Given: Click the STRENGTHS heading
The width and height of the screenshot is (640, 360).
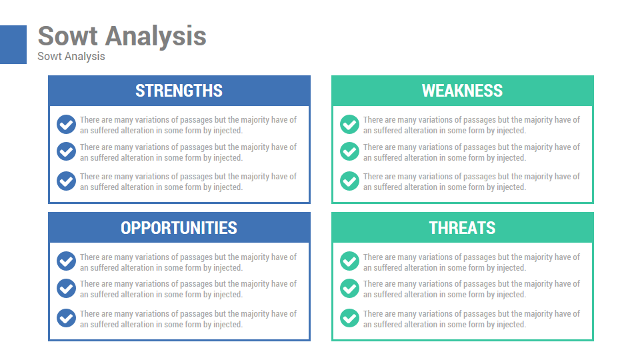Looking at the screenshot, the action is pos(179,91).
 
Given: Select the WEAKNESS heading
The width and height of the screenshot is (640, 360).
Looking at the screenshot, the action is pos(462,91).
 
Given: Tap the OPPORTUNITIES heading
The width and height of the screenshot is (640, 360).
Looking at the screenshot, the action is pos(179,228).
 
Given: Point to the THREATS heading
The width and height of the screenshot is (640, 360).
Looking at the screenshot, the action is pos(462,228).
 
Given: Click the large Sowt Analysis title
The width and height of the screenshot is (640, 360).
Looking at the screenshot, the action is pos(122,37).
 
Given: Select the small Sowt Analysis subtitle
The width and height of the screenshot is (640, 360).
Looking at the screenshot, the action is pos(71,56).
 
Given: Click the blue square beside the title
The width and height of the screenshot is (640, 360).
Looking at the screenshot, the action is pos(13,45).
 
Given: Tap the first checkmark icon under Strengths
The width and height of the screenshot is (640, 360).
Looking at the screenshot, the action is pos(66,124).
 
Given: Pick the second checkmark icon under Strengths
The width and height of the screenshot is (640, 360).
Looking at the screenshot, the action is pos(66,151).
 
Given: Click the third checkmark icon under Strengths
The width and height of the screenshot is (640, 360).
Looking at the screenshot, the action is pos(66,181).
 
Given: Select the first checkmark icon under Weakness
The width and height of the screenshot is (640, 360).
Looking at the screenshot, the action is pos(349,124).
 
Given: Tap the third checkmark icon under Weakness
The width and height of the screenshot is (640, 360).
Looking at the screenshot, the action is pos(349,181).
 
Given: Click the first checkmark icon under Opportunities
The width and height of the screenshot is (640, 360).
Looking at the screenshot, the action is pos(66,261).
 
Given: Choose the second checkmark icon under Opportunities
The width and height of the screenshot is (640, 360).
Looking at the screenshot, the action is pos(66,288).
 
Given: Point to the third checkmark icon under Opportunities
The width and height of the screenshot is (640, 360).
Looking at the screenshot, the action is pos(66,318).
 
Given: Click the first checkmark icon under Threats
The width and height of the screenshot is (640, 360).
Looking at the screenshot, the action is pos(349,261).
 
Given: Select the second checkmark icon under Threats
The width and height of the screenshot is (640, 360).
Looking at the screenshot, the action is pos(349,288).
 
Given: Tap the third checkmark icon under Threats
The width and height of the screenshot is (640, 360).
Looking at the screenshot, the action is pos(349,318).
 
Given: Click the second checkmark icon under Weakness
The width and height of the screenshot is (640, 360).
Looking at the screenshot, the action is pos(349,151).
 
